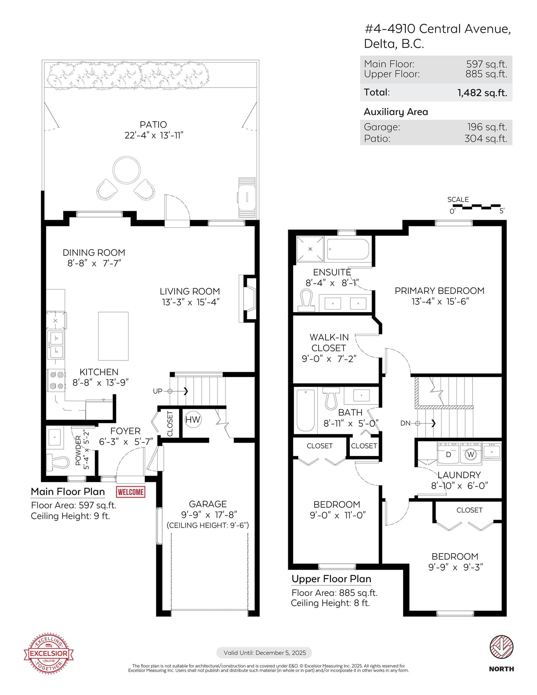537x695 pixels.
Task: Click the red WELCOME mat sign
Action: [x=131, y=492]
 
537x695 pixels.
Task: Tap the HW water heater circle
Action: [x=193, y=419]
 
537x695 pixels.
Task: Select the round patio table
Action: [x=127, y=170]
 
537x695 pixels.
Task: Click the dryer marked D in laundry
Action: [x=448, y=453]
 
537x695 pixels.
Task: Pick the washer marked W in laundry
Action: [x=471, y=453]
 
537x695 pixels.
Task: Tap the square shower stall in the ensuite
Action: [x=310, y=249]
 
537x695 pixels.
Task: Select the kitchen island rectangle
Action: [x=113, y=336]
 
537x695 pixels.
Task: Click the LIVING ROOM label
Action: [x=190, y=291]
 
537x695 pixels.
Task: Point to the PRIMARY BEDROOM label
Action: [x=440, y=291]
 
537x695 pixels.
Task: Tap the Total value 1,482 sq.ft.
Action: [x=482, y=93]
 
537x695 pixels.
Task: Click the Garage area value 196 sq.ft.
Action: [x=487, y=127]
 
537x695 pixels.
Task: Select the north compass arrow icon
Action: [x=501, y=647]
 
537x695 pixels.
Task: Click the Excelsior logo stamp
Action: [x=49, y=653]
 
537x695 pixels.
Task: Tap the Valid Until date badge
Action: [x=264, y=653]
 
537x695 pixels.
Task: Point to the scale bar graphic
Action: [x=477, y=206]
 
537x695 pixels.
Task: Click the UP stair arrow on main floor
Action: [x=178, y=391]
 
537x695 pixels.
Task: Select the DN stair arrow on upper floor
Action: [x=426, y=423]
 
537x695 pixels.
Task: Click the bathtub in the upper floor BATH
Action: [x=305, y=410]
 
